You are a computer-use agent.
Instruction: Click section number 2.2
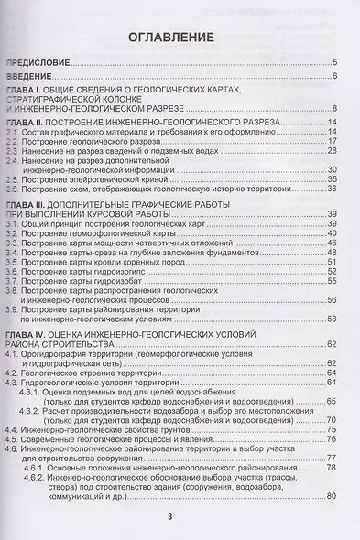coord(12,142)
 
